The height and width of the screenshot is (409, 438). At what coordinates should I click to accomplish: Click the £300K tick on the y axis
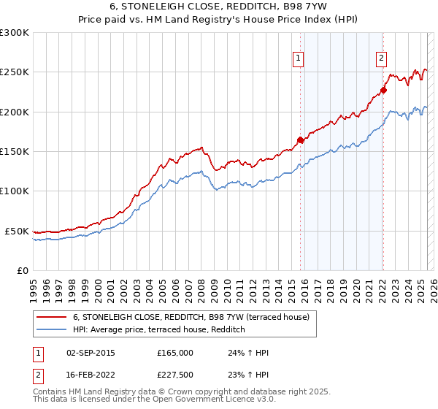coord(15,33)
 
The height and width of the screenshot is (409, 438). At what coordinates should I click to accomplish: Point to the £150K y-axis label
coord(15,152)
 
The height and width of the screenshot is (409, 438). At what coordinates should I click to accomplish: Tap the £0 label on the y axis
coord(22,270)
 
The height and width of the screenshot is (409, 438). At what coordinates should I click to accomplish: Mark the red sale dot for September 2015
coord(300,139)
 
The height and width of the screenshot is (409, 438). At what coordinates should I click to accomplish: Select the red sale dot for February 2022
coord(383,91)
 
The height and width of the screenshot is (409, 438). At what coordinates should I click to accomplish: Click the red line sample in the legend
coord(52,318)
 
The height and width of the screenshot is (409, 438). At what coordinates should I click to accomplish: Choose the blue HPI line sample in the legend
coord(52,330)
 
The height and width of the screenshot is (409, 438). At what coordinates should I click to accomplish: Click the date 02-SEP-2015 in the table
coord(90,353)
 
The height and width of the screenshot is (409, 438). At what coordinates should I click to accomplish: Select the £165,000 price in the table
coord(174,353)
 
